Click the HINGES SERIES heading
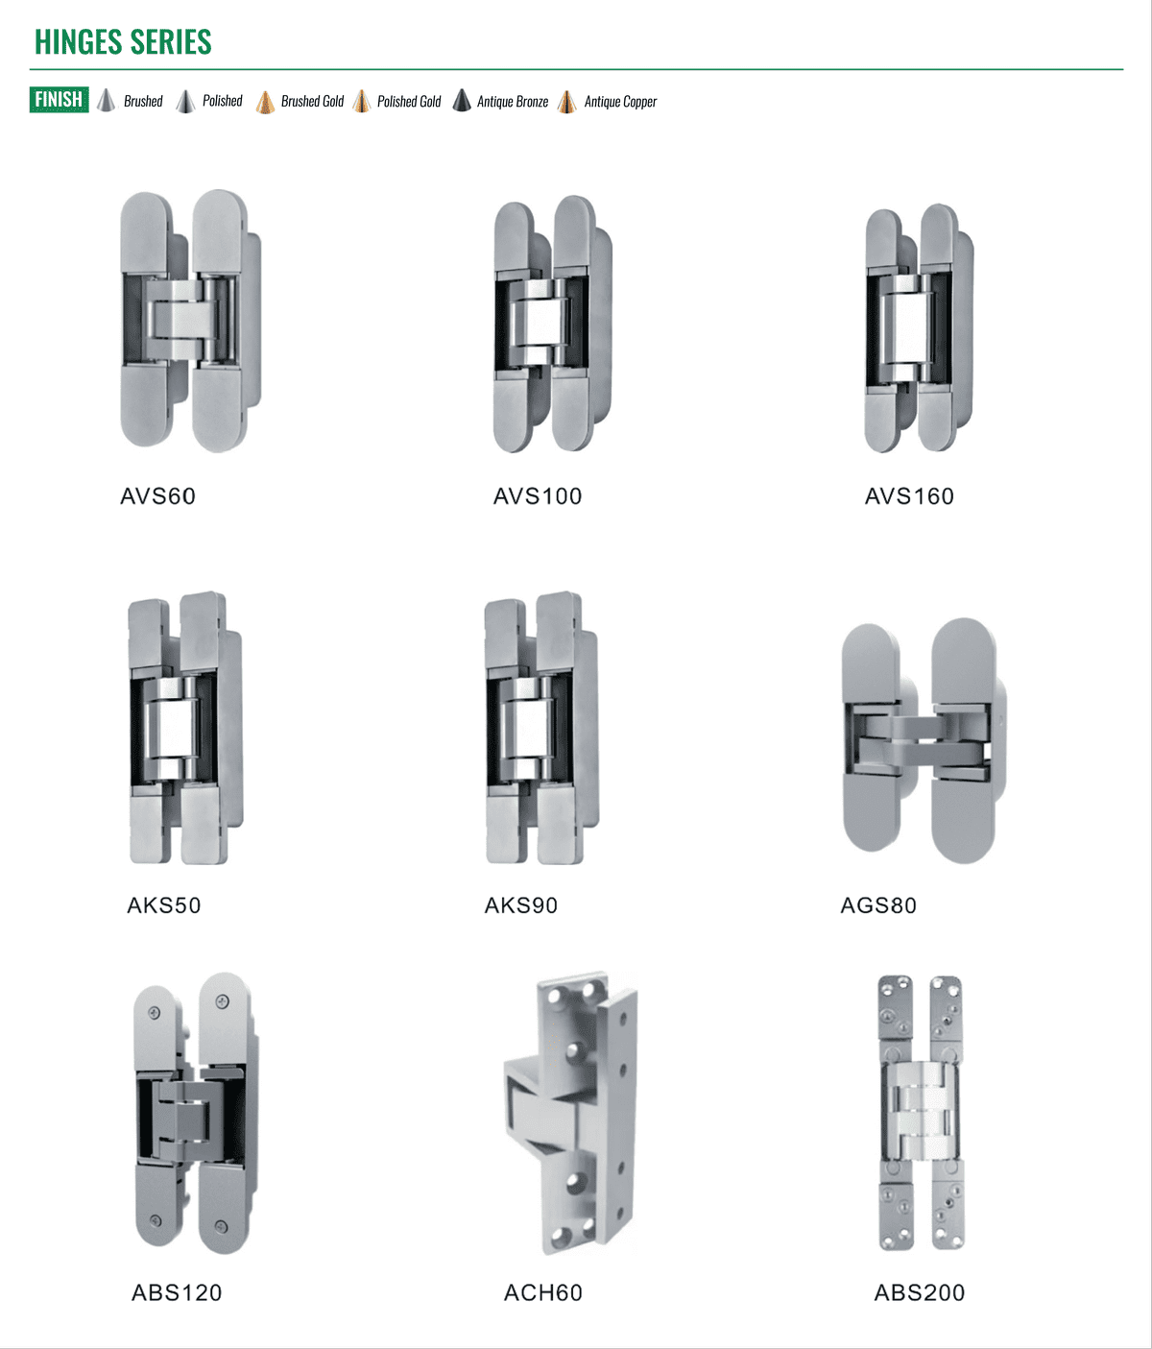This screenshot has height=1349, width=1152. coord(123,42)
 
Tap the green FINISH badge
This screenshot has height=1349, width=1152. coord(59,99)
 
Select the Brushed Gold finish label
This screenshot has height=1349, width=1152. coord(312,101)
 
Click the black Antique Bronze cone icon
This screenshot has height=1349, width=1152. coord(462,101)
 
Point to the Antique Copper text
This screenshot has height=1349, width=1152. coord(620,102)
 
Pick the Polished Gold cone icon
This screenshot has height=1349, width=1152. coord(361,101)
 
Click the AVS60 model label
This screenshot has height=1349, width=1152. coord(158,496)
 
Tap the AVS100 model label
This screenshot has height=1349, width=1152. coord(538,496)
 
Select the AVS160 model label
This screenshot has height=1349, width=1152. coord(909,496)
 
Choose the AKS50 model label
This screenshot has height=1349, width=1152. coord(164,905)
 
